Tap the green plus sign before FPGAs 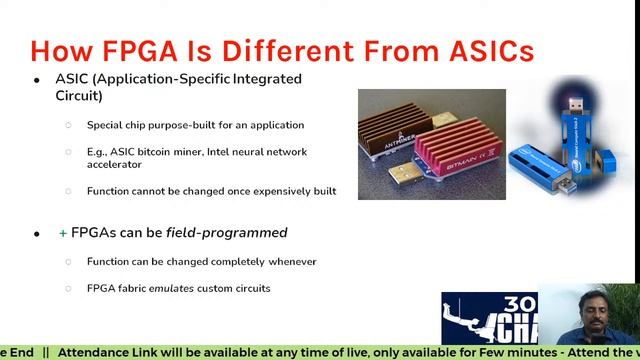pyautogui.click(x=63, y=233)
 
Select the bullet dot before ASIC pyautogui.click(x=37, y=79)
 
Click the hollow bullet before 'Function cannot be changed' pyautogui.click(x=69, y=191)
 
